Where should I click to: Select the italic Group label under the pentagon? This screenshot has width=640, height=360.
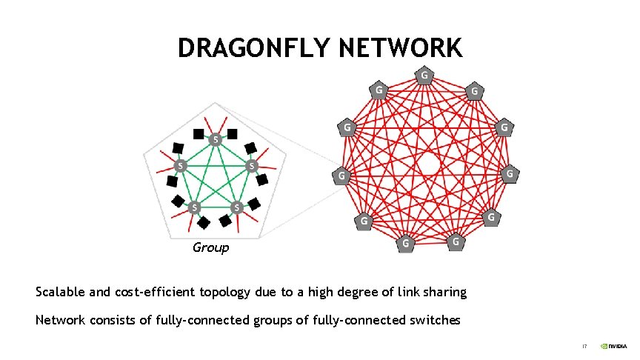[210, 247]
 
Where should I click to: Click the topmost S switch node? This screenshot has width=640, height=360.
[215, 139]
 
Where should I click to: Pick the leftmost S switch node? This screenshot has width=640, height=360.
[179, 165]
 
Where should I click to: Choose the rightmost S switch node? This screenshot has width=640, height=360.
[251, 165]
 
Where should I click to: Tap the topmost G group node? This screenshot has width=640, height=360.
[424, 75]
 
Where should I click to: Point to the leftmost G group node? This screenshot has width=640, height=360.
[340, 176]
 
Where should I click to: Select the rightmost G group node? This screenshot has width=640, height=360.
[510, 174]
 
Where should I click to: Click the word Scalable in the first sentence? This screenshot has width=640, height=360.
[61, 292]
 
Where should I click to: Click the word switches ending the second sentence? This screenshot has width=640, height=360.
[435, 321]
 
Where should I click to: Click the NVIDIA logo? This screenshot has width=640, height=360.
[613, 345]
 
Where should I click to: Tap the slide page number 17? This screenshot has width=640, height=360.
[584, 345]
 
